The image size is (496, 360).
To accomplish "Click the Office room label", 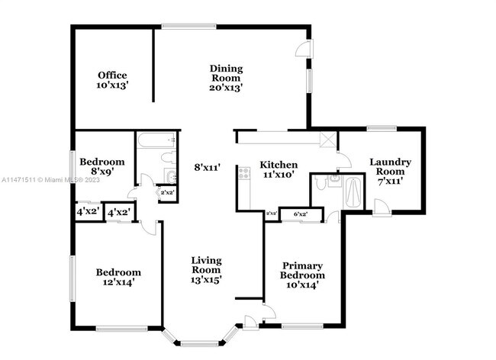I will pos(111,80).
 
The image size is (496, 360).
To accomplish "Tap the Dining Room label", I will pos(226,78).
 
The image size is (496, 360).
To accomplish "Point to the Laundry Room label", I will pos(390,172).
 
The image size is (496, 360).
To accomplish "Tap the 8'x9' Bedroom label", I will pos(102,167).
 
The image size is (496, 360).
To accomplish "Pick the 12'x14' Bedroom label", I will pos(118,277).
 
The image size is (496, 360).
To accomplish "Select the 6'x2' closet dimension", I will pos(300,214).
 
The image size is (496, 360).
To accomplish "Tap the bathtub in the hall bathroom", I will pos(157,141).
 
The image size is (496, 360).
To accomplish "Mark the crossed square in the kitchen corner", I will pos(329,140).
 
